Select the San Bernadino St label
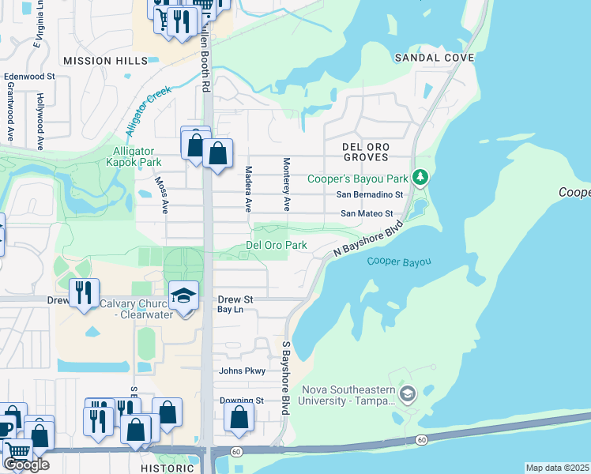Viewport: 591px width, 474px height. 370,194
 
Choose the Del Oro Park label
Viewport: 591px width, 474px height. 276,245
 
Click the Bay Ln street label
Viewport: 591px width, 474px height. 231,310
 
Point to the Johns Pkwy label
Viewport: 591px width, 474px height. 242,371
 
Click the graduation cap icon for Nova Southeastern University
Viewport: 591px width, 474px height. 408,394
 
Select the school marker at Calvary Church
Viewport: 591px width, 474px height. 183,296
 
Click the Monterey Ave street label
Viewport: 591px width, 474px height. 287,184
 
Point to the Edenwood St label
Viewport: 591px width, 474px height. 28,77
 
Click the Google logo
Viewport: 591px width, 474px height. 26,465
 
